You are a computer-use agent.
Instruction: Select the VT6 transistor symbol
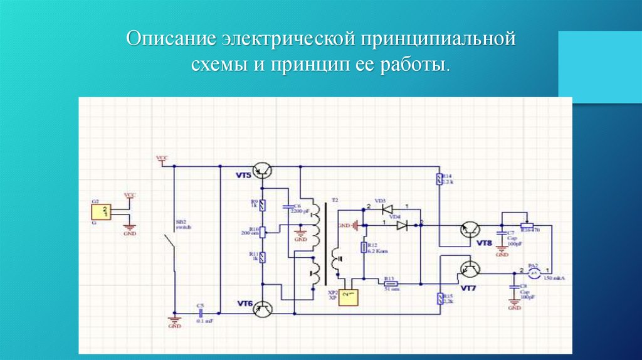(264, 308)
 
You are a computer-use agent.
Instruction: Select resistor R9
(263, 205)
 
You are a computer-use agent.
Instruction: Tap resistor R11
(263, 257)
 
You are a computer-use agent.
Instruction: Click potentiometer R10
(263, 231)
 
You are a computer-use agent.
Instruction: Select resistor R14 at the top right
(439, 181)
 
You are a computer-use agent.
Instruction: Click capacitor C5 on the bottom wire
(201, 312)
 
